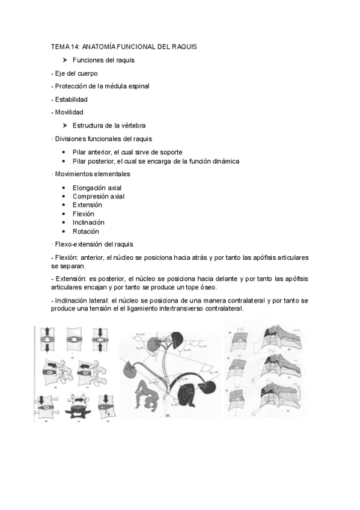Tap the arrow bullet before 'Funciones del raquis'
point(65,60)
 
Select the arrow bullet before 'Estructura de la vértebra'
point(65,125)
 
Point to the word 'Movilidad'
point(68,112)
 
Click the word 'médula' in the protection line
point(118,86)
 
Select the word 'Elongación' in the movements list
point(88,188)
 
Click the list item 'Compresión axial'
point(99,196)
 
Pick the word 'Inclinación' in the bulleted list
point(88,223)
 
